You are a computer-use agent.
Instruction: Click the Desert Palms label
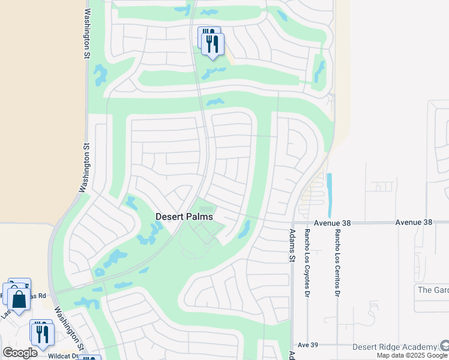[x=184, y=217]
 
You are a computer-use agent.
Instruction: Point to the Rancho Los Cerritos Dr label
[x=338, y=255]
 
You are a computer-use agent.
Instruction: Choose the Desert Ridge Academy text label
[x=394, y=347]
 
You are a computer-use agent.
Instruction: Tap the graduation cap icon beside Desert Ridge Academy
[x=444, y=346]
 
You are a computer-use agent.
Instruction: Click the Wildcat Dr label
[x=64, y=356]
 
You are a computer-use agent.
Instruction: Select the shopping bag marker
[x=19, y=299]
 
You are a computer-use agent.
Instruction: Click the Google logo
[x=20, y=352]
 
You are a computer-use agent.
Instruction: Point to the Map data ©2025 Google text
[x=412, y=355]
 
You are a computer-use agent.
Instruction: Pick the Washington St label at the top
[x=87, y=33]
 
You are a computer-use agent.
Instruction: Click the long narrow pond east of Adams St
[x=329, y=196]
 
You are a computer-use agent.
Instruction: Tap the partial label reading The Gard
[x=432, y=290]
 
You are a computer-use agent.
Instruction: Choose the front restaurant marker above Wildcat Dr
[x=43, y=334]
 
